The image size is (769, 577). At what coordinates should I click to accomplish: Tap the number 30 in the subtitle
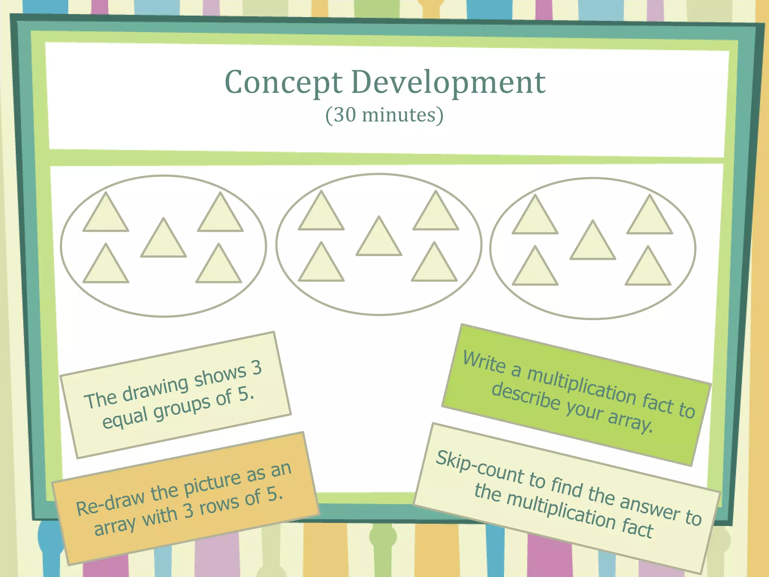(345, 115)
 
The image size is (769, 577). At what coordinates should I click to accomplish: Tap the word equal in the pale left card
(125, 418)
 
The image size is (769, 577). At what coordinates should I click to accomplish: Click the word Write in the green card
(484, 363)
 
